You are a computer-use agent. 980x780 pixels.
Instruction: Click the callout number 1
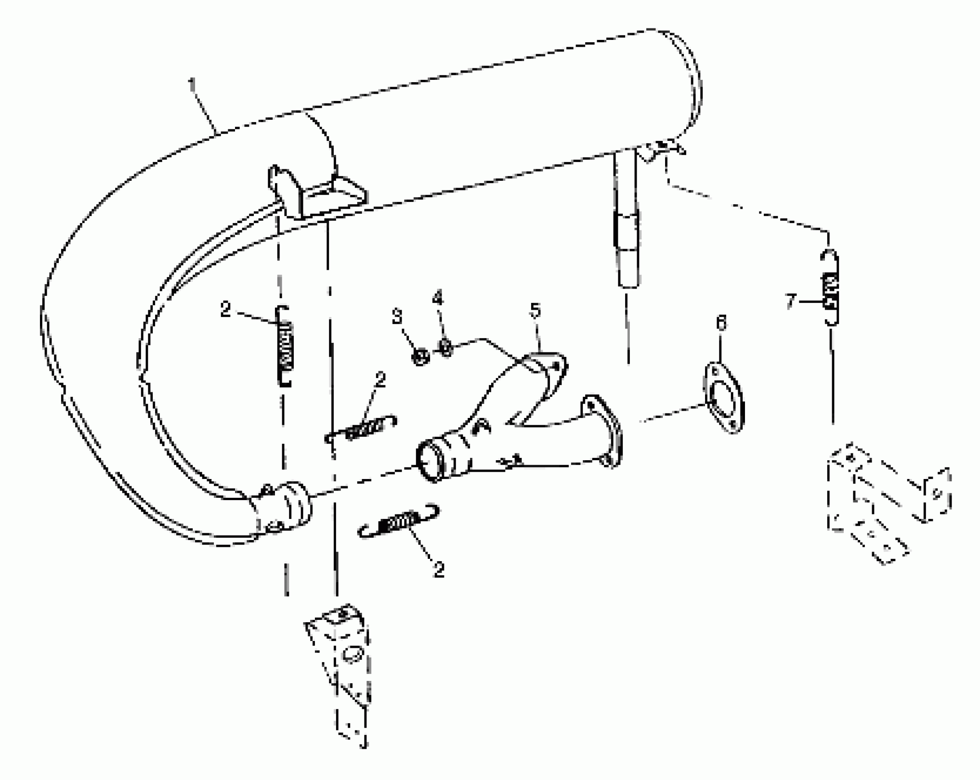[x=193, y=85]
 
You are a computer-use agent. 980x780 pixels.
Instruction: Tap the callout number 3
[x=397, y=317]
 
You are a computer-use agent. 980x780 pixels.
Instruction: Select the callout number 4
[x=437, y=299]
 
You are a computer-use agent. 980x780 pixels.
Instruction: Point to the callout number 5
[x=535, y=311]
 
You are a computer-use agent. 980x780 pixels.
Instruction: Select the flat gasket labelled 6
[x=723, y=397]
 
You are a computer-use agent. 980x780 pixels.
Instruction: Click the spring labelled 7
[x=830, y=288]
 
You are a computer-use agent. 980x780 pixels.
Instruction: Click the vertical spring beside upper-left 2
[x=285, y=346]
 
